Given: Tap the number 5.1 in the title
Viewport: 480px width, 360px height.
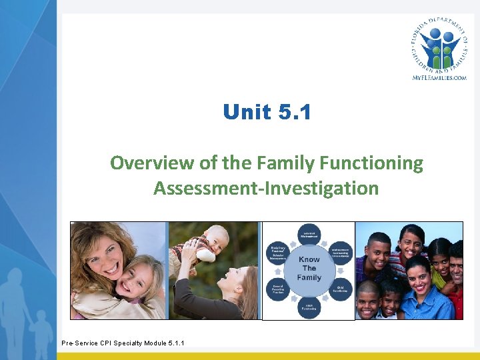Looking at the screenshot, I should (x=294, y=112).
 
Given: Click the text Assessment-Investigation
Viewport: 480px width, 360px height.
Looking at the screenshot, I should (x=266, y=188).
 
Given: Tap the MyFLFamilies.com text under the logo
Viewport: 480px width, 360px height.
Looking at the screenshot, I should (x=439, y=77).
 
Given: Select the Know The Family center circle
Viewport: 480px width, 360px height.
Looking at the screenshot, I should (x=309, y=269).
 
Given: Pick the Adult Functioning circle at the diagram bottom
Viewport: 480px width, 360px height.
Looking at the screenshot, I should (x=309, y=308).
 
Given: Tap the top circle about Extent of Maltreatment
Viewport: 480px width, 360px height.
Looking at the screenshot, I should (x=309, y=232).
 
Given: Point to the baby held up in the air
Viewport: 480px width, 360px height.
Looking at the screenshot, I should (x=211, y=243).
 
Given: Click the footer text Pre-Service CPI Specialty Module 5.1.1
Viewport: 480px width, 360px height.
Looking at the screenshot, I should (x=123, y=343).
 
